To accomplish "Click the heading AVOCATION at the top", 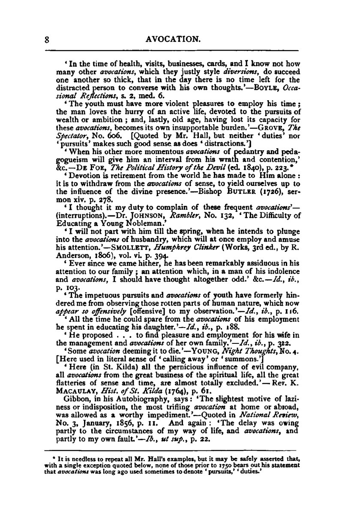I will [x=173, y=39].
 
